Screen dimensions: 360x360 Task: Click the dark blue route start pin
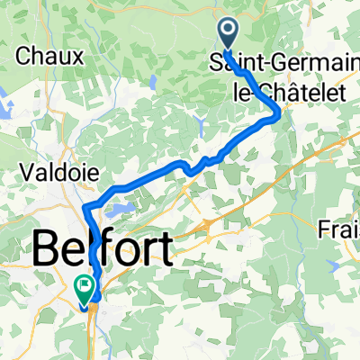[227, 36]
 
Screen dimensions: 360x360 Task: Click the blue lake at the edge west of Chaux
[4, 68]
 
